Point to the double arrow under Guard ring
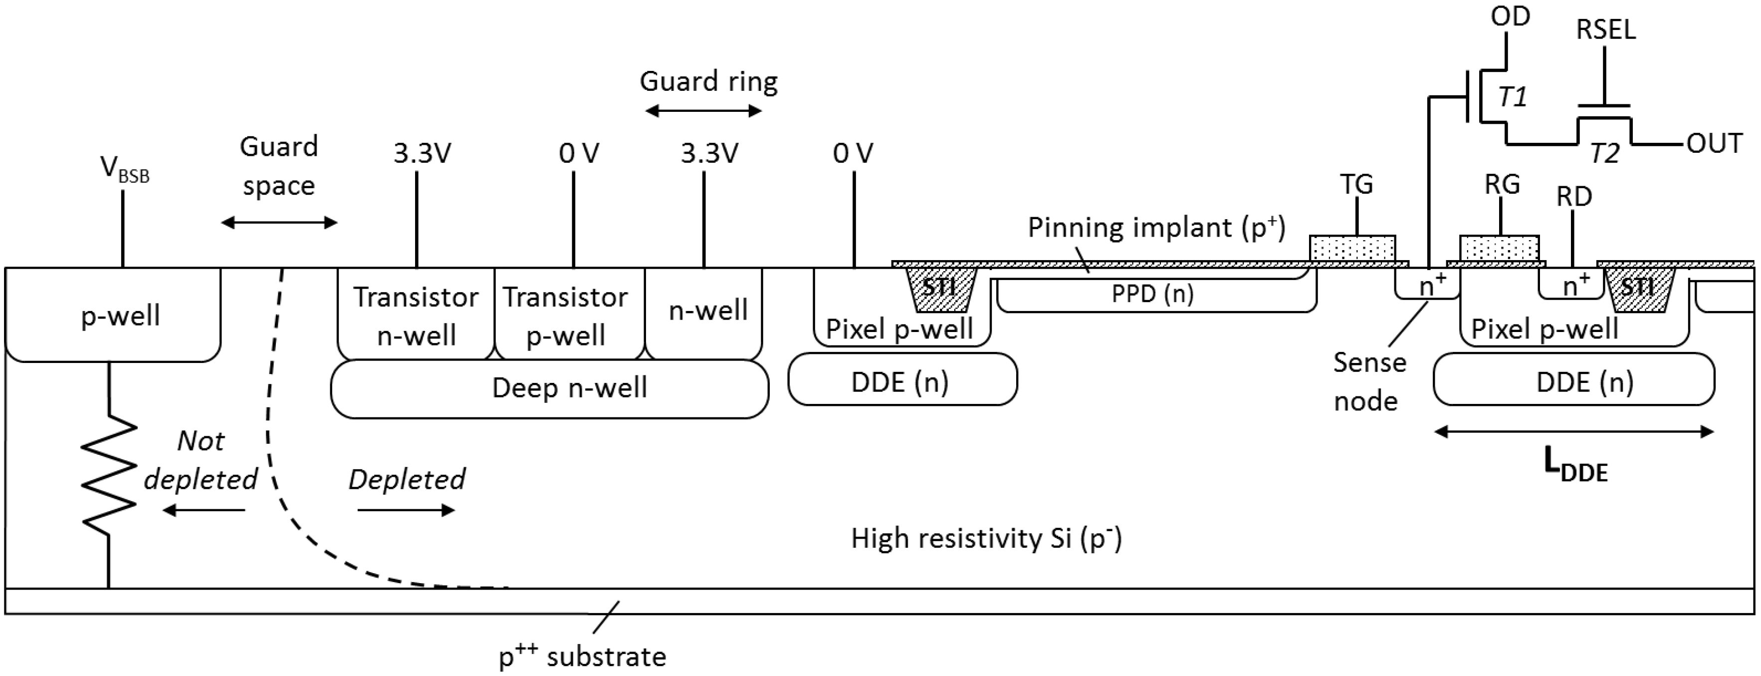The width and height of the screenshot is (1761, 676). click(703, 111)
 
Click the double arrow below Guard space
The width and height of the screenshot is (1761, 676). click(279, 222)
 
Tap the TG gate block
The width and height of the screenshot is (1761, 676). click(1352, 248)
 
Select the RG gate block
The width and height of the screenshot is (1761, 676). click(1499, 248)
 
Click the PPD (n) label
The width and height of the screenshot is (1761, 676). click(1152, 294)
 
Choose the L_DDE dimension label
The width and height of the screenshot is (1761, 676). click(1575, 467)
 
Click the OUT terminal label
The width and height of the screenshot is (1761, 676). click(1714, 144)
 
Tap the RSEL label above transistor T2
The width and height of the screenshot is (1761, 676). click(1605, 30)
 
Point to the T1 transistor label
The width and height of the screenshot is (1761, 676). click(1512, 98)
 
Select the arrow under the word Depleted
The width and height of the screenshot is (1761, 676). click(406, 510)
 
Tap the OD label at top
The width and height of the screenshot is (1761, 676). click(1510, 16)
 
